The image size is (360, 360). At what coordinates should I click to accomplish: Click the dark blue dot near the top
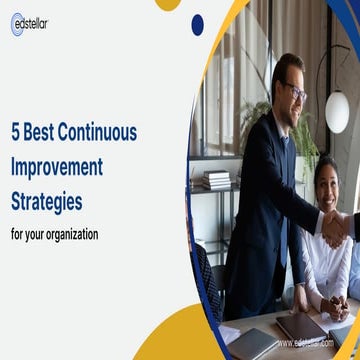pyautogui.click(x=197, y=24)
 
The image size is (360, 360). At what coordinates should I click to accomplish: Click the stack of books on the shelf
pyautogui.click(x=218, y=180)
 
